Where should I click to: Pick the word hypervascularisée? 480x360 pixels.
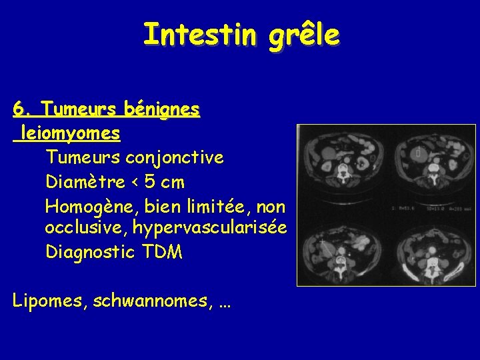tap(210, 229)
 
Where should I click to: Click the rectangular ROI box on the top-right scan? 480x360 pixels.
tap(418, 154)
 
